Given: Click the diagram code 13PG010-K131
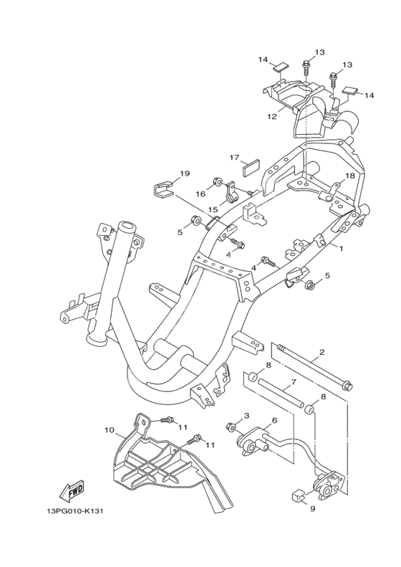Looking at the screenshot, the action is tap(72, 512).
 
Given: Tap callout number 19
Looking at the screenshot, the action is tap(185, 173).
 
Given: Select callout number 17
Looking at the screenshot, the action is tap(234, 157).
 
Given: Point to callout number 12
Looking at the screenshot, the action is tap(272, 116).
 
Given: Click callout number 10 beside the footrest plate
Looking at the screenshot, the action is tap(110, 430).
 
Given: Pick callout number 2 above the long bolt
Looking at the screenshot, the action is tap(322, 351).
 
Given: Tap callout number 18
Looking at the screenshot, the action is tap(349, 176).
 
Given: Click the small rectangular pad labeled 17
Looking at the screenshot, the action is tap(249, 169).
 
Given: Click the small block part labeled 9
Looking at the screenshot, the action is tap(297, 495).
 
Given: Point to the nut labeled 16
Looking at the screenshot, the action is tap(218, 181).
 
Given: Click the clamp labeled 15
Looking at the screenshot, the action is tap(232, 191).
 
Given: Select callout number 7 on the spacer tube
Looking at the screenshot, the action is tap(293, 381).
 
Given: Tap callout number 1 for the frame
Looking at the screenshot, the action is tap(339, 249).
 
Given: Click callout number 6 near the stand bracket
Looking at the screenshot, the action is tap(274, 420).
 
